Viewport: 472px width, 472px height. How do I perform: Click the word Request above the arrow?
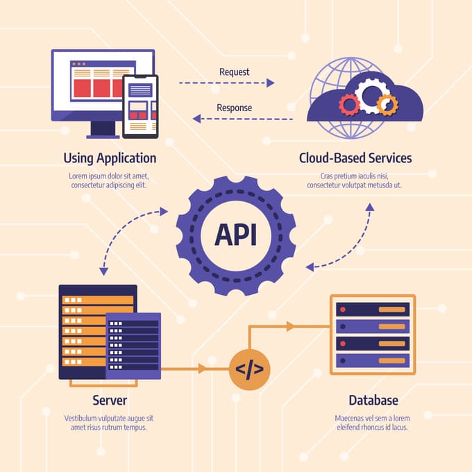(234, 71)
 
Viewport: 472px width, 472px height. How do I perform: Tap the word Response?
(234, 108)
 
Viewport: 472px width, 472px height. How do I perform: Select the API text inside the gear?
(235, 235)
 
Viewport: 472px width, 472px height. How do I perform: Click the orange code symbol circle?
(249, 369)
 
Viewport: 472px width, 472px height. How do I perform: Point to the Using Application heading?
(110, 158)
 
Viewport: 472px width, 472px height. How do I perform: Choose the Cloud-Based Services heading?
(355, 158)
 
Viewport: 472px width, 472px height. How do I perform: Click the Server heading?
(110, 401)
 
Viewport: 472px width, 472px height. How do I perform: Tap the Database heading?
(373, 401)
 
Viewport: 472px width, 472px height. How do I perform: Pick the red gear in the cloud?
(349, 105)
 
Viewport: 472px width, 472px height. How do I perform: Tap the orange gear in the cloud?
(387, 105)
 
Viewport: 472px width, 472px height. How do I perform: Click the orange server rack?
(83, 326)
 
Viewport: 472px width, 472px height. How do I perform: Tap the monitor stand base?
(103, 134)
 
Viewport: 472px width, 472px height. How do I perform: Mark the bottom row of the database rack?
(373, 361)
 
